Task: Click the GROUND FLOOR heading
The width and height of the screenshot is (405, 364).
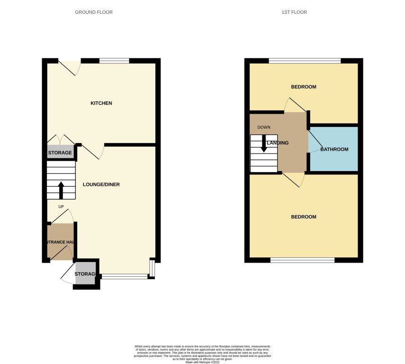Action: (x=94, y=12)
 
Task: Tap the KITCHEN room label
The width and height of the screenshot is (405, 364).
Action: (x=101, y=103)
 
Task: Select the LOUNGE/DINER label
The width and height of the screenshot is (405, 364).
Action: (x=101, y=184)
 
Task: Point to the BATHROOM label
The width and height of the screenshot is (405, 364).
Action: (x=334, y=149)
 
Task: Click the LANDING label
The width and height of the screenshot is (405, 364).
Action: (x=278, y=143)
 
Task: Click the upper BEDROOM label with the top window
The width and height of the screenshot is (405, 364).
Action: (x=303, y=87)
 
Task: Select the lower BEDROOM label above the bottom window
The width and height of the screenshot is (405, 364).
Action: (x=303, y=217)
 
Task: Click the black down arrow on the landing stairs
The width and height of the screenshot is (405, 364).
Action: (x=264, y=145)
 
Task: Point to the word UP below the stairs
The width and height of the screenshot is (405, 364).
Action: (x=61, y=207)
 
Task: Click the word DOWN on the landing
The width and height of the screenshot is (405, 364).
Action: (x=264, y=127)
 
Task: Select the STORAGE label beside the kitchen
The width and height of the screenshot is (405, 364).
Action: (x=60, y=153)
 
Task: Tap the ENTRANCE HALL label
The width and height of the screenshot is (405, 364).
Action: (x=61, y=242)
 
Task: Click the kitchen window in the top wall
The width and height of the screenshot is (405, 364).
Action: (x=114, y=61)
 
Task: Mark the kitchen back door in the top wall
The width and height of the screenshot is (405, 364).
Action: (x=69, y=66)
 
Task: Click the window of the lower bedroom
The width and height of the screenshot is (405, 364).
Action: (x=302, y=260)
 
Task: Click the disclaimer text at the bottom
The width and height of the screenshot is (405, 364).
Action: (x=202, y=354)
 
